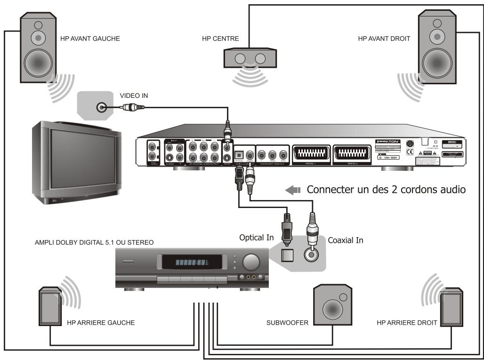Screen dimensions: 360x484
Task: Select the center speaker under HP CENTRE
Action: coord(250,58)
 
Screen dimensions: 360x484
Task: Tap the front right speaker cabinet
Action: coord(438,48)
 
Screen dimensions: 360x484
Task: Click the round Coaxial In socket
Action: coord(311,254)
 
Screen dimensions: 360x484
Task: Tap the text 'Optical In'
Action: coord(257,238)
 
